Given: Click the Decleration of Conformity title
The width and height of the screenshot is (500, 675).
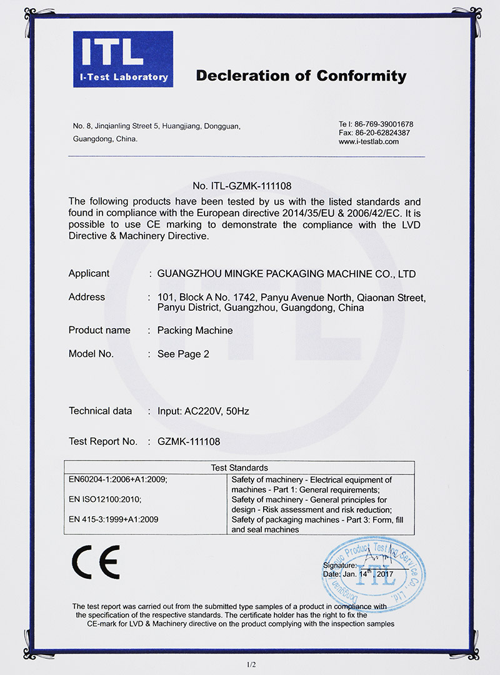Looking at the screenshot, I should pos(301,76).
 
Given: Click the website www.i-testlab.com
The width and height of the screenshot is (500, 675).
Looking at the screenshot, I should pos(369,142).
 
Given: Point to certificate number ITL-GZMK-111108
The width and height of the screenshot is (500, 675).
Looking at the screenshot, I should pos(242,186).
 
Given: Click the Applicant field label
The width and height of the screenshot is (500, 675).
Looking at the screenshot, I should pos(89,274).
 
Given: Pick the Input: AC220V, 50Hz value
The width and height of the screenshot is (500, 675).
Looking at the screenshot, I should pos(203,411).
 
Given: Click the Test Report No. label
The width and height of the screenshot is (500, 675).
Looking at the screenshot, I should pos(102,441).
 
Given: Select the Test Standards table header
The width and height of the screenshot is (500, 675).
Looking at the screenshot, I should pos(239,467).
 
